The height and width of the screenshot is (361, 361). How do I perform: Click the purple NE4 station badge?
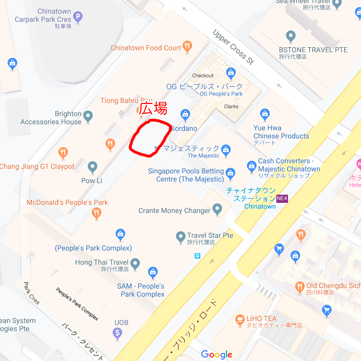(282, 198)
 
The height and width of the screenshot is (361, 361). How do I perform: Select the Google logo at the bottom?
(216, 354)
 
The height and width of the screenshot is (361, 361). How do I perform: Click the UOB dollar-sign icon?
(118, 333)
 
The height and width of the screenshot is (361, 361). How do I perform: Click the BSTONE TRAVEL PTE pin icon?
(291, 37)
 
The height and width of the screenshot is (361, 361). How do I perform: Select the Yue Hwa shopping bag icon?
(264, 114)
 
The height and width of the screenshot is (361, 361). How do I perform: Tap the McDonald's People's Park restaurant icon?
(96, 213)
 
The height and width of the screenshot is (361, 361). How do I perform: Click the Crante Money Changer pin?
(218, 208)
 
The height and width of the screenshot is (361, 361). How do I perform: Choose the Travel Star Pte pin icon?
(181, 236)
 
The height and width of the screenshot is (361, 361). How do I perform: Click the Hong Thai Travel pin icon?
(135, 263)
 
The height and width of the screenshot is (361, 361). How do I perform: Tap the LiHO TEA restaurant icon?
(240, 319)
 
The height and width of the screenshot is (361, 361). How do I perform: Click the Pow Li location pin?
(92, 167)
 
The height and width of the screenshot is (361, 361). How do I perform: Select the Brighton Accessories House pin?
(88, 117)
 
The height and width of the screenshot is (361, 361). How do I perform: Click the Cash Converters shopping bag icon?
(251, 166)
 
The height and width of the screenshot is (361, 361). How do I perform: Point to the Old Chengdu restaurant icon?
(300, 286)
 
